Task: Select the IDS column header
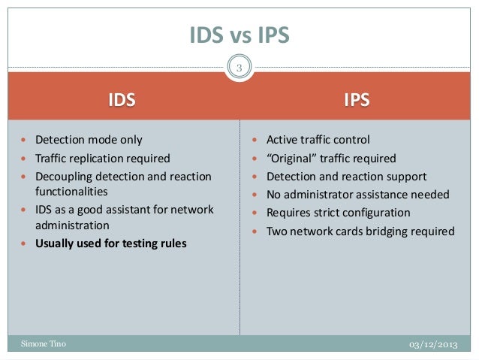coord(122,99)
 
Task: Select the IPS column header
coord(357,99)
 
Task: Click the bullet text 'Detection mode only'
coord(89,140)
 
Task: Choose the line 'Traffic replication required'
coord(102,158)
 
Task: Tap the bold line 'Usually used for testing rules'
coord(111,243)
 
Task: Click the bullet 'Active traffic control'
coord(318,140)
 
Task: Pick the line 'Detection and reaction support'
coord(347,177)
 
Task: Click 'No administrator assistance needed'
coord(358,195)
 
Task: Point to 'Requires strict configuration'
coord(339,213)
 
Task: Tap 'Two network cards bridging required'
coord(360,231)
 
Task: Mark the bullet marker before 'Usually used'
coord(27,244)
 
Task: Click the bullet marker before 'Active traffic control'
coord(258,141)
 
